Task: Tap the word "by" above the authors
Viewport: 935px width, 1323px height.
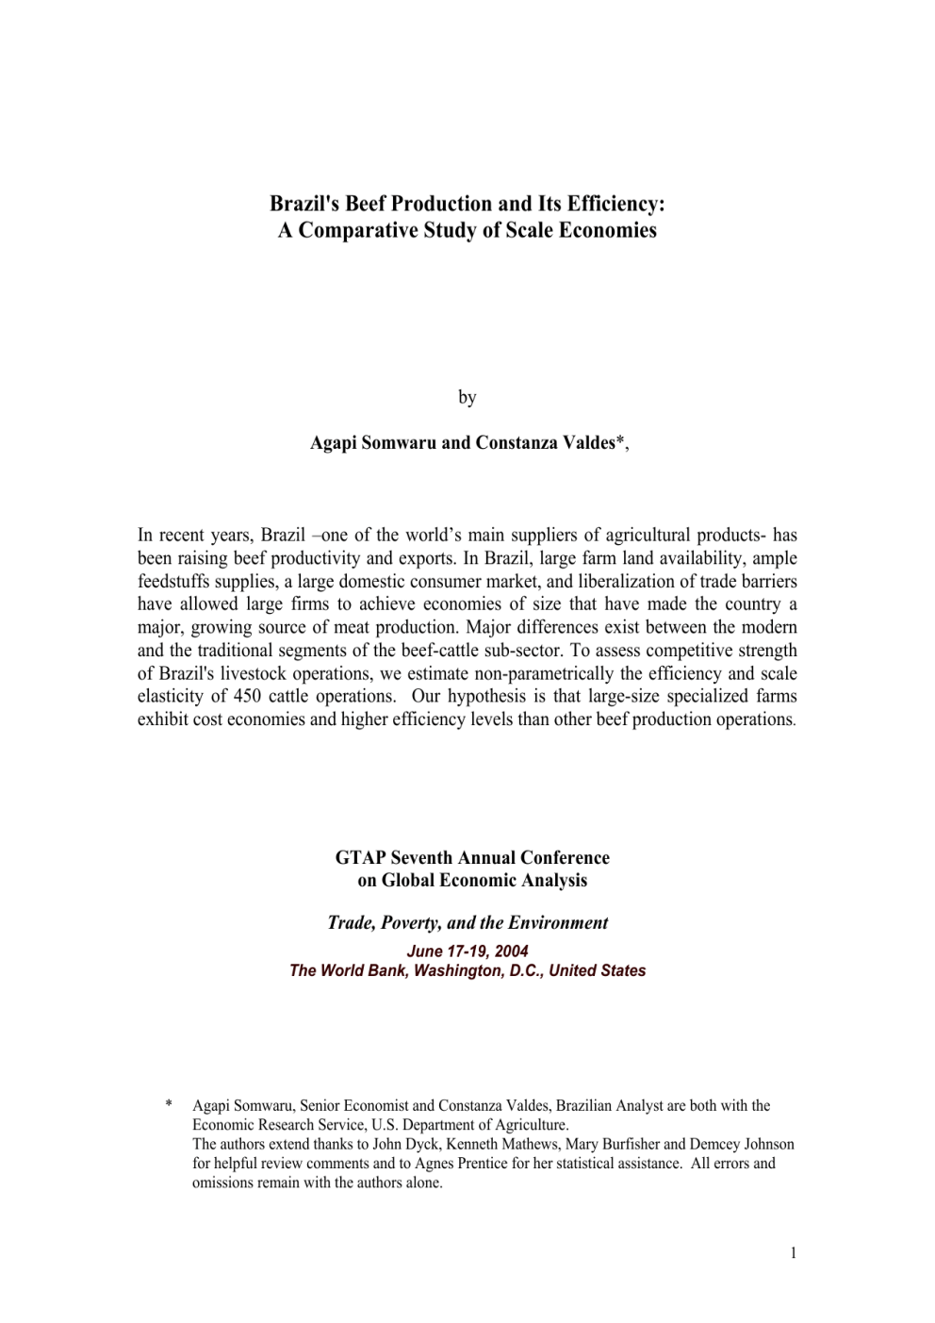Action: [x=467, y=397]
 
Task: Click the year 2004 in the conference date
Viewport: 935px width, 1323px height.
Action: [x=511, y=951]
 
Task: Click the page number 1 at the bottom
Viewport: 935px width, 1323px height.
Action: [x=793, y=1253]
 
